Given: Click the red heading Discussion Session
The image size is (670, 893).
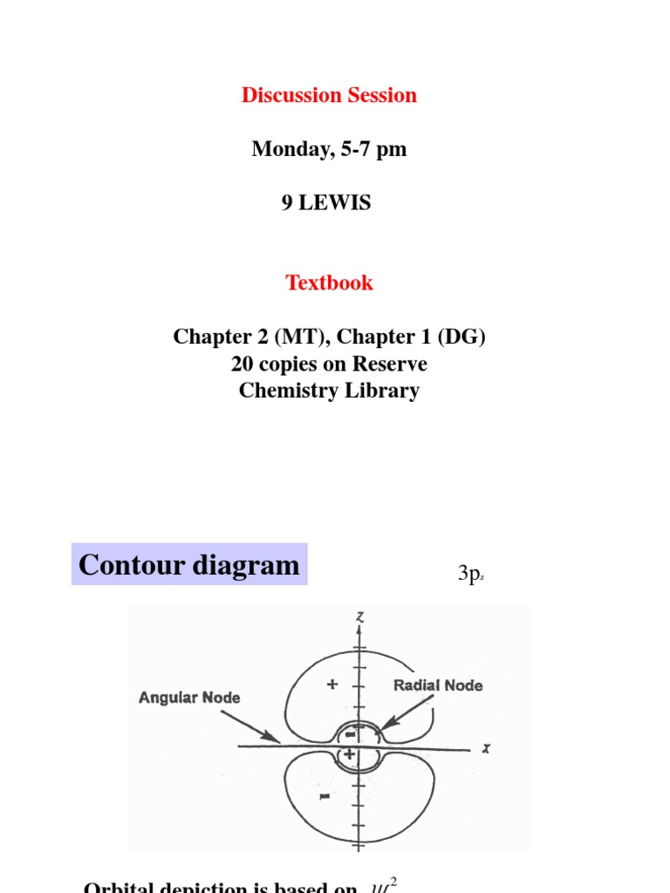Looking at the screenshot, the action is [x=329, y=95].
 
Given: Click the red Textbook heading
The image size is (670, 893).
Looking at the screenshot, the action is [x=329, y=283].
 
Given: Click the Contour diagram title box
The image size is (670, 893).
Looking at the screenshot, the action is [x=189, y=565].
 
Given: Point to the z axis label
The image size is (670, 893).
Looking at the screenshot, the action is [x=359, y=617].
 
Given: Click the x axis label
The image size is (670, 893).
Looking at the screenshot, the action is [x=485, y=749].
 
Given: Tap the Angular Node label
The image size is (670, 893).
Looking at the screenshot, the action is [x=189, y=698].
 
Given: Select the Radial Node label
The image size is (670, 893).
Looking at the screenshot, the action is [x=438, y=685].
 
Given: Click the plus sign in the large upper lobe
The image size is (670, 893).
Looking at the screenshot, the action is [x=332, y=685].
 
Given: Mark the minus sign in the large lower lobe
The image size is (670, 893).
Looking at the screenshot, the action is [x=325, y=796].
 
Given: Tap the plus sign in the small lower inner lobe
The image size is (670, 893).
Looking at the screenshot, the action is [x=350, y=755].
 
